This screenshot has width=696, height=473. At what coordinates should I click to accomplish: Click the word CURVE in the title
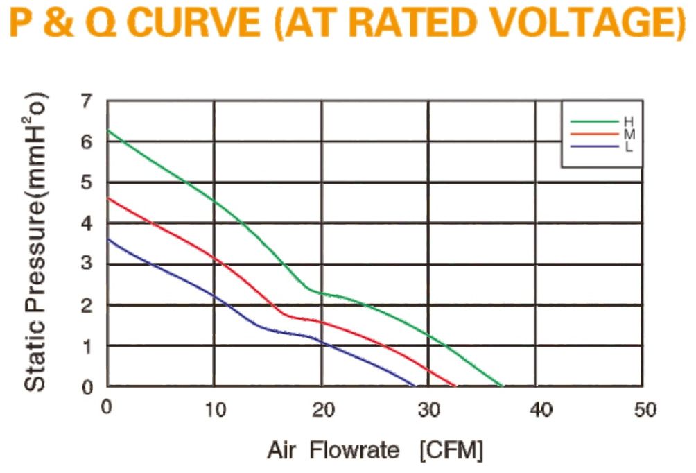195,23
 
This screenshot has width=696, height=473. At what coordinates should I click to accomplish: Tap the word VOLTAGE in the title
575,23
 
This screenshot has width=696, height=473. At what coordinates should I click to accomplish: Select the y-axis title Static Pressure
35,243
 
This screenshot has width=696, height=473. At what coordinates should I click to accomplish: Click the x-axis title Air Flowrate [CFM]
374,450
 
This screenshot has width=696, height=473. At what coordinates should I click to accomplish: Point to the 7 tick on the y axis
87,102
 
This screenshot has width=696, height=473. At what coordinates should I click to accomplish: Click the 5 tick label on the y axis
87,182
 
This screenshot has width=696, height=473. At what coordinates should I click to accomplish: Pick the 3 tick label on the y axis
87,263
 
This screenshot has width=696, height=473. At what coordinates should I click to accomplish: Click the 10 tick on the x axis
216,409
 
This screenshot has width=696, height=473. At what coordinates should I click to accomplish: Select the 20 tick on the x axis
323,409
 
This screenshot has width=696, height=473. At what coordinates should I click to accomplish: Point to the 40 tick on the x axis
541,409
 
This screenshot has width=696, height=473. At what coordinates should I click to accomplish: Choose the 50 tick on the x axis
645,409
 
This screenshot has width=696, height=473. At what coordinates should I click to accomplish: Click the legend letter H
629,121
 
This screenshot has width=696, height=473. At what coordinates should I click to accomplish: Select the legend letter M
629,134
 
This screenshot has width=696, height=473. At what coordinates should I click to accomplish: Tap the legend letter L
629,147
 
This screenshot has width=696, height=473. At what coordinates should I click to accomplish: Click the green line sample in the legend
594,121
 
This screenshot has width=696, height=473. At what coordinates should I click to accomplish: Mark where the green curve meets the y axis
108,130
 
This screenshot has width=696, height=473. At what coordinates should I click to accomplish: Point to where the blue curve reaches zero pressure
415,386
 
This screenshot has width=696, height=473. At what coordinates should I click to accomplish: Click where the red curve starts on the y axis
108,198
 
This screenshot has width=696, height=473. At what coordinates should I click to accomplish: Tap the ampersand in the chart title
60,23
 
